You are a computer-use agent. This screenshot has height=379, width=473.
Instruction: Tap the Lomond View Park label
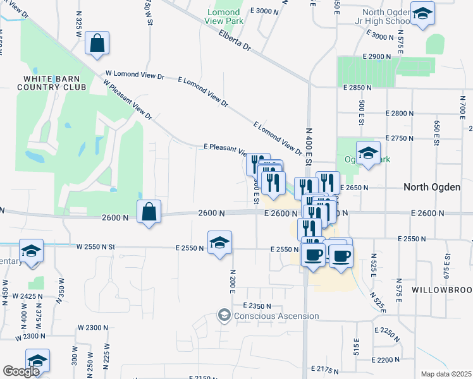pyautogui.click(x=224, y=16)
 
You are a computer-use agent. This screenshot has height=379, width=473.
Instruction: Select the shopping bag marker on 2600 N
pyautogui.click(x=149, y=212)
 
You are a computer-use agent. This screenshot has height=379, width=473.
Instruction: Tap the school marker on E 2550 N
pyautogui.click(x=219, y=243)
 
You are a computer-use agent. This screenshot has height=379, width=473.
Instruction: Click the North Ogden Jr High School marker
pyautogui.click(x=422, y=13)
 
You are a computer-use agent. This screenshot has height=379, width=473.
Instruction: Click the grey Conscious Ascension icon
pyautogui.click(x=223, y=315)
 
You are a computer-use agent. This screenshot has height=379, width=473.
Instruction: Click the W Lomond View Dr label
pyautogui.click(x=135, y=75)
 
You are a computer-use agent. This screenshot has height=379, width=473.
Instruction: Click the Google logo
pyautogui.click(x=20, y=371)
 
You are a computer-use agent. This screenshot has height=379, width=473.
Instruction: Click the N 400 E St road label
pyautogui.click(x=309, y=133)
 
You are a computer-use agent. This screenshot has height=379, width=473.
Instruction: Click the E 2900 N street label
pyautogui.click(x=380, y=57)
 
